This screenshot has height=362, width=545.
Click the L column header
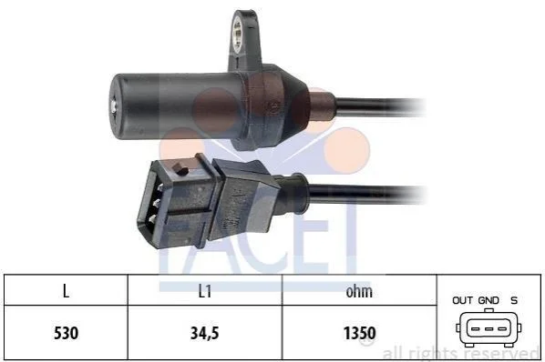pyautogui.click(x=66, y=291)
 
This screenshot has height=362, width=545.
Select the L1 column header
pyautogui.click(x=205, y=291)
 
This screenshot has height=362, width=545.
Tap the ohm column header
pyautogui.click(x=359, y=291)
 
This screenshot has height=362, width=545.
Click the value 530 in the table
pyautogui.click(x=66, y=333)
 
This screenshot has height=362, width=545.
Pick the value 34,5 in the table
pyautogui.click(x=205, y=333)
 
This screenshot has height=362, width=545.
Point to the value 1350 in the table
pyautogui.click(x=360, y=333)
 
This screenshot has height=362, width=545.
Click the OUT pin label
pyautogui.click(x=462, y=300)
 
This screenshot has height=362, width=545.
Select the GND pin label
pyautogui.click(x=488, y=300)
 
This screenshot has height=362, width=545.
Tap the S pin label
pyautogui.click(x=514, y=300)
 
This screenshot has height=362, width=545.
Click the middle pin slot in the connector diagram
pyautogui.click(x=488, y=328)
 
